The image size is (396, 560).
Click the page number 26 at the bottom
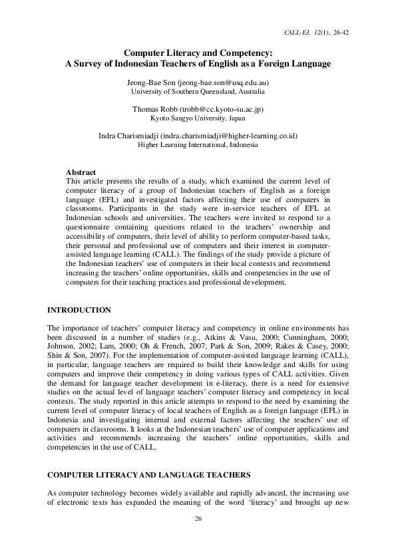click(198, 518)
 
